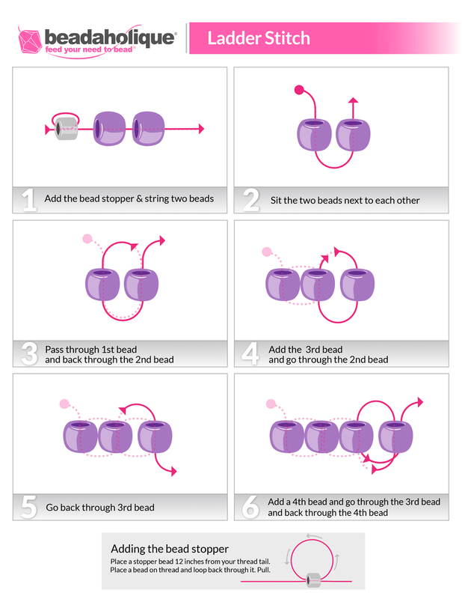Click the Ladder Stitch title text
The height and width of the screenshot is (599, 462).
point(258,38)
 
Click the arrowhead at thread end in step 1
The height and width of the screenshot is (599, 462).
point(200,129)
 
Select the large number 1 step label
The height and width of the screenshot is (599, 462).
point(29,199)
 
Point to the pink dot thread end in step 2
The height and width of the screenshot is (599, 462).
point(298,90)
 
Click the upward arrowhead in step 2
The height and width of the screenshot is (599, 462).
point(354,100)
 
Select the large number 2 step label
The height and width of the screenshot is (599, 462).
point(251,200)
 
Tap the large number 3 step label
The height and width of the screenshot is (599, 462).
point(29,353)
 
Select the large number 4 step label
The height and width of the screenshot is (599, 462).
point(251,354)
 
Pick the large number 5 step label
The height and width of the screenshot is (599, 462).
point(29,507)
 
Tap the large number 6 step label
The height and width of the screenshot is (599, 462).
point(251,507)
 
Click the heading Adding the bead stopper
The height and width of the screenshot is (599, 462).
point(170,549)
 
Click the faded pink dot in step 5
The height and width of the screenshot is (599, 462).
point(64,404)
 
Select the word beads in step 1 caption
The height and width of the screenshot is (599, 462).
point(201,198)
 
